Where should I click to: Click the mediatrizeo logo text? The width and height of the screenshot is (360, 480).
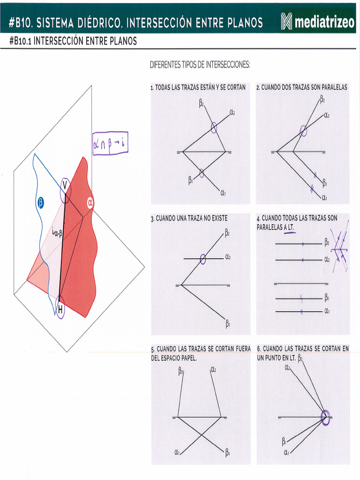(x=324, y=22)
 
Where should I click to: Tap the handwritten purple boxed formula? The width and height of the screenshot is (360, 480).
(x=110, y=143)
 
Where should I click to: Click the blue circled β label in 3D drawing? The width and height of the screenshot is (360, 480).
(x=40, y=203)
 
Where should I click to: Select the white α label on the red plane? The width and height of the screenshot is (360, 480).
(x=90, y=203)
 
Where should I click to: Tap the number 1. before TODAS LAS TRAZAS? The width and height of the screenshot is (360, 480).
(x=152, y=88)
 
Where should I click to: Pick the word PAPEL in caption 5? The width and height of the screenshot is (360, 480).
(x=186, y=358)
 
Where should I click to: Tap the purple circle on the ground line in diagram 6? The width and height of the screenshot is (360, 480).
(x=325, y=417)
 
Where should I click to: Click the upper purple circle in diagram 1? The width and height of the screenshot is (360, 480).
(x=214, y=127)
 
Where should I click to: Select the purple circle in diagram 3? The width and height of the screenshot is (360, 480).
(x=202, y=259)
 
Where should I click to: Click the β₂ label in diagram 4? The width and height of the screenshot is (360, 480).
(x=327, y=243)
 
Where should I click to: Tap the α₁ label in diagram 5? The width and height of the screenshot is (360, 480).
(x=177, y=452)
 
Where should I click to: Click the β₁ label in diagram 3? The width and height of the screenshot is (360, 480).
(x=228, y=323)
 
